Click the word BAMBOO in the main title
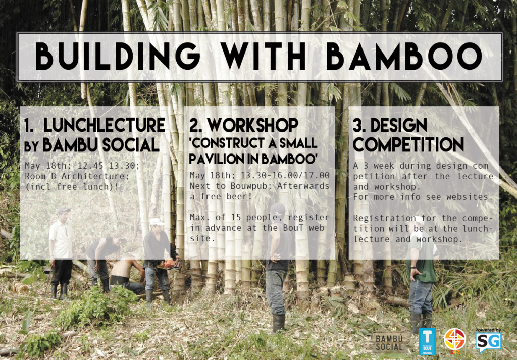tap(404, 57)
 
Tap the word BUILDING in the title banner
tap(118, 57)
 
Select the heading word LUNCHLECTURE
tap(104, 125)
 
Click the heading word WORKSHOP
tap(253, 125)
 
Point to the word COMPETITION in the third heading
tap(408, 144)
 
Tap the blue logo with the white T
tap(427, 341)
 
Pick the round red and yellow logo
tap(454, 340)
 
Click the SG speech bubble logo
tap(488, 342)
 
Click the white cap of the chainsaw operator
tap(157, 222)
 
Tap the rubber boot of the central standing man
tap(279, 323)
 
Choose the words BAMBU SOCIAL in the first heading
tap(101, 145)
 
